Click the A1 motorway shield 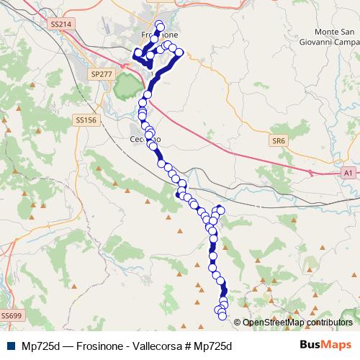(348, 174)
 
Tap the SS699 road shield (11, 315)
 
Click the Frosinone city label (157, 35)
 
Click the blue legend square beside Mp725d (9, 346)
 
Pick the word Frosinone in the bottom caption (99, 346)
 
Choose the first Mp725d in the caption (41, 346)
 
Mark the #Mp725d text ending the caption (210, 346)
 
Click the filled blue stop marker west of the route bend (178, 194)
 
